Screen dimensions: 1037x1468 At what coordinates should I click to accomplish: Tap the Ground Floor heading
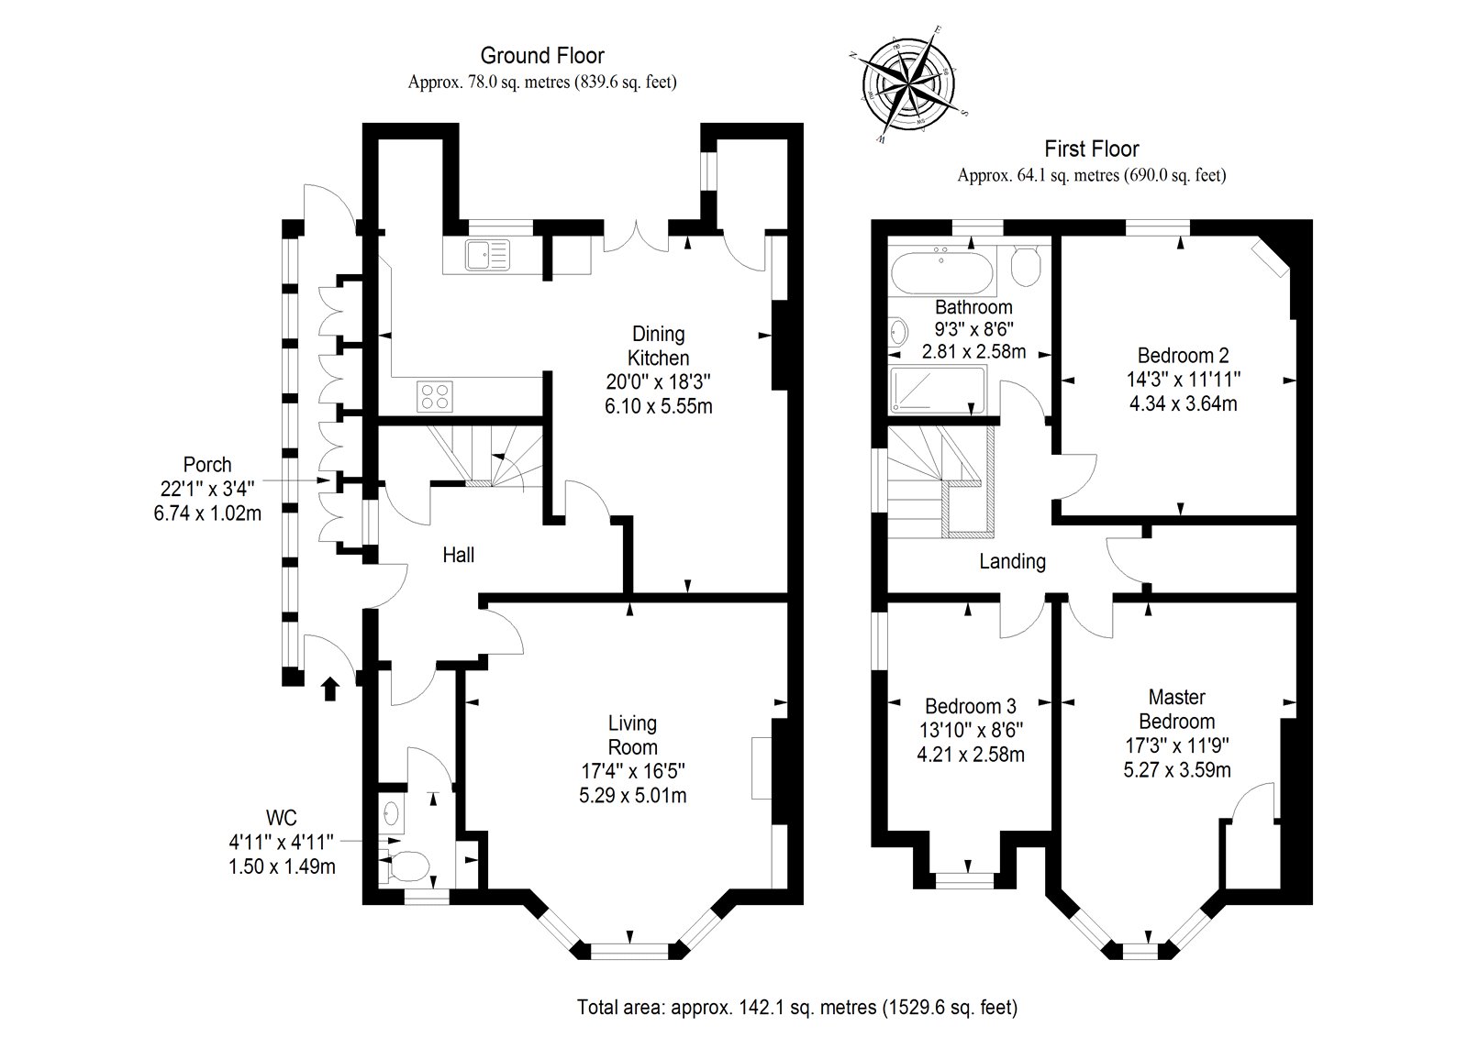542,57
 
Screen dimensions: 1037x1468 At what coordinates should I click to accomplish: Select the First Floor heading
1092,149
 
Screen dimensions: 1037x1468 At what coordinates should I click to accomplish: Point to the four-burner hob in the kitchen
436,395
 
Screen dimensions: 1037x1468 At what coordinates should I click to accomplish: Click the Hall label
459,555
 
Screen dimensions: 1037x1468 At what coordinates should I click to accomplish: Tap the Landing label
1012,561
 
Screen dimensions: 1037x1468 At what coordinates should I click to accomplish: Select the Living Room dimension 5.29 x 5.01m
632,795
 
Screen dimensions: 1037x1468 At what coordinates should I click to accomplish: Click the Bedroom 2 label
1183,355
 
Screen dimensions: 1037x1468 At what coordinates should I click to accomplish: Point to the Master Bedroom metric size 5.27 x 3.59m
1177,769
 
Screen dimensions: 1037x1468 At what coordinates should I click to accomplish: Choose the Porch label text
207,465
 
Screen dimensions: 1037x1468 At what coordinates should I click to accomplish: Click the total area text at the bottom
797,1008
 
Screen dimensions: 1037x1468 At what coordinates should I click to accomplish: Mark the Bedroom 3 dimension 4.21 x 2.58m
971,755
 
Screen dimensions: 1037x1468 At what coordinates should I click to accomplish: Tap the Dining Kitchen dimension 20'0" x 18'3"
658,381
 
